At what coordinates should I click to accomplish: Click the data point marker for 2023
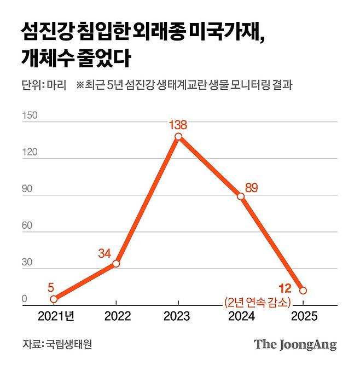click(178, 136)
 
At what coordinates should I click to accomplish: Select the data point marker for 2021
click(53, 299)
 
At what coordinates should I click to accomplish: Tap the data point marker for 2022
click(116, 264)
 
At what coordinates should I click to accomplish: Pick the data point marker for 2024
click(241, 196)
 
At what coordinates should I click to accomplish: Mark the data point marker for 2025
click(303, 291)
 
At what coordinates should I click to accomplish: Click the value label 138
click(178, 124)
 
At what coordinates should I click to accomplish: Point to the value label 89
click(251, 188)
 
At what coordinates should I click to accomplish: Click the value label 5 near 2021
click(50, 287)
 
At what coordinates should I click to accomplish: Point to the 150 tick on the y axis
click(30, 115)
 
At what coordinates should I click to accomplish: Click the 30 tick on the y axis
click(28, 263)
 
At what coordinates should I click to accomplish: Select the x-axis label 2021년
click(56, 317)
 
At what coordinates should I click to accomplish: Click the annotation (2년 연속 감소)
click(257, 300)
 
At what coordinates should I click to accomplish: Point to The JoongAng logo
click(295, 345)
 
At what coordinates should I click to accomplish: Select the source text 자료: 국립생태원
click(57, 345)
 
